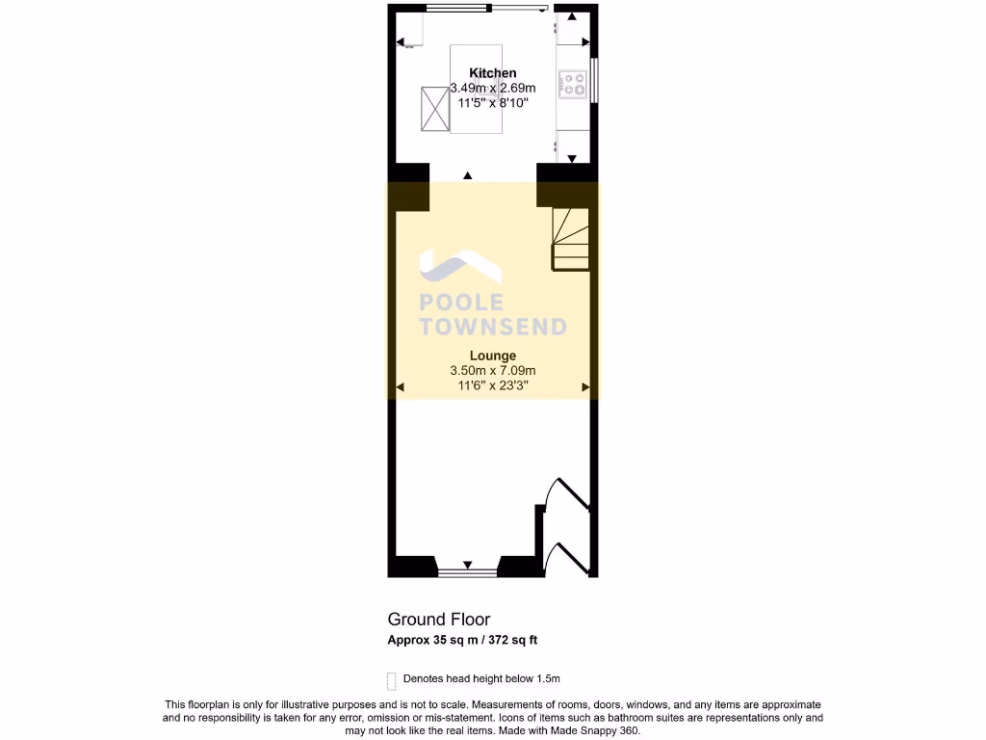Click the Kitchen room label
coord(492,73)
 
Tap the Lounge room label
coord(492,356)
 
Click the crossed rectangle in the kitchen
coord(434,111)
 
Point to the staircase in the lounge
coord(570,238)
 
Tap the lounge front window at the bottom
coord(467,573)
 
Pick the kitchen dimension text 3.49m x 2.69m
coord(492,88)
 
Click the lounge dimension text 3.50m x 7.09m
coord(492,371)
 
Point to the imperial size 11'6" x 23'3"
coord(492,385)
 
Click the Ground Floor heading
coord(438,620)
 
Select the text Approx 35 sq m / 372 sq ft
coord(468,640)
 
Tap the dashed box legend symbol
coord(391,680)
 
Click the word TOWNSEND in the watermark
coord(492,328)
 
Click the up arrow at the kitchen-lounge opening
coord(468,175)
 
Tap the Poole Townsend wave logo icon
coord(456,264)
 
